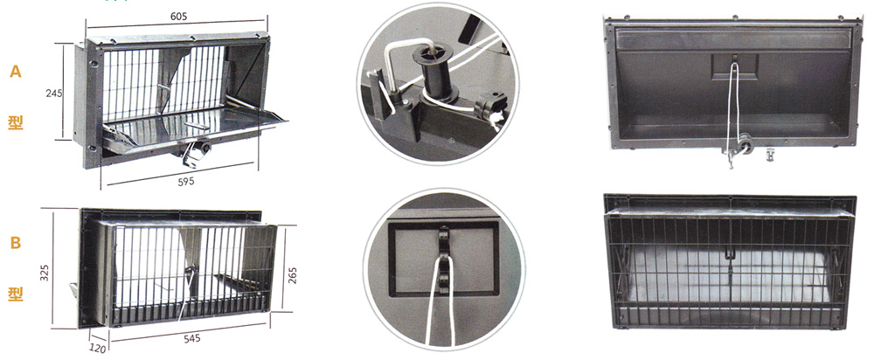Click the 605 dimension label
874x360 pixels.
point(178,16)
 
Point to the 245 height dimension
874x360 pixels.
point(54,93)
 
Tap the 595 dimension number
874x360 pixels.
point(186,182)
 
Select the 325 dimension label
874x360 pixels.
point(45,273)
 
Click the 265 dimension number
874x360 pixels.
point(293,275)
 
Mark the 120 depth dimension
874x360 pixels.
point(98,349)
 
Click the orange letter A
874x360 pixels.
point(16,72)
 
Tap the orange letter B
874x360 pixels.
point(16,244)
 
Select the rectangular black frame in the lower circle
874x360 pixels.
point(444,260)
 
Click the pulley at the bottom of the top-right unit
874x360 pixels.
point(746,144)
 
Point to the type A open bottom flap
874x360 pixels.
point(195,124)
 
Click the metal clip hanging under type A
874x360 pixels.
point(191,156)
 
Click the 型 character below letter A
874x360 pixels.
point(16,122)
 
